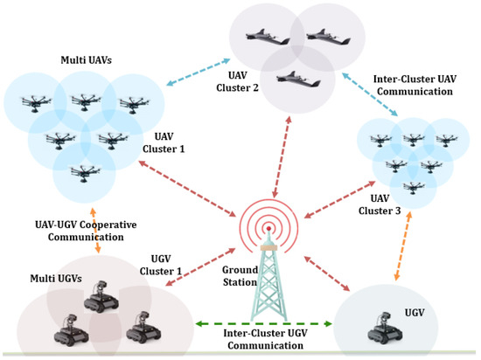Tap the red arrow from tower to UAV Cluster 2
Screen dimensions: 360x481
click(x=277, y=158)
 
